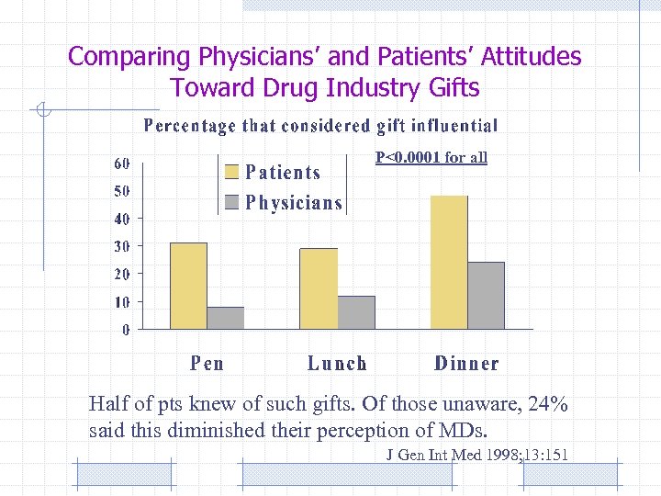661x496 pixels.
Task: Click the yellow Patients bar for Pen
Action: coord(189,286)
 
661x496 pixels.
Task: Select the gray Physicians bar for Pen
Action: coord(226,318)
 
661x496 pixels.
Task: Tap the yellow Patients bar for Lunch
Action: coord(319,288)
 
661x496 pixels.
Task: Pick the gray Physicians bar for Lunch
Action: coord(356,312)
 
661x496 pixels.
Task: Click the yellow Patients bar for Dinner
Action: coord(449,262)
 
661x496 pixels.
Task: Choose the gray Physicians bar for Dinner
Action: coord(487,295)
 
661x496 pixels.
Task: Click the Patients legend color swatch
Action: coord(232,172)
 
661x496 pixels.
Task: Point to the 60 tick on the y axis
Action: coord(121,163)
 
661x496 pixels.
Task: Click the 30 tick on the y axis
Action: coord(121,246)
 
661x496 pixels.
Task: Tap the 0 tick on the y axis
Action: coord(126,330)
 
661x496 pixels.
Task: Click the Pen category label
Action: coord(207,364)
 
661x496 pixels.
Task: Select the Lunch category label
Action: coord(337,364)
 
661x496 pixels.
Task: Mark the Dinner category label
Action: coord(466,364)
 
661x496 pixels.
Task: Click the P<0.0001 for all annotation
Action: coord(431,157)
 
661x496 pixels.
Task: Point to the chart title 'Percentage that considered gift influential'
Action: coord(320,126)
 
